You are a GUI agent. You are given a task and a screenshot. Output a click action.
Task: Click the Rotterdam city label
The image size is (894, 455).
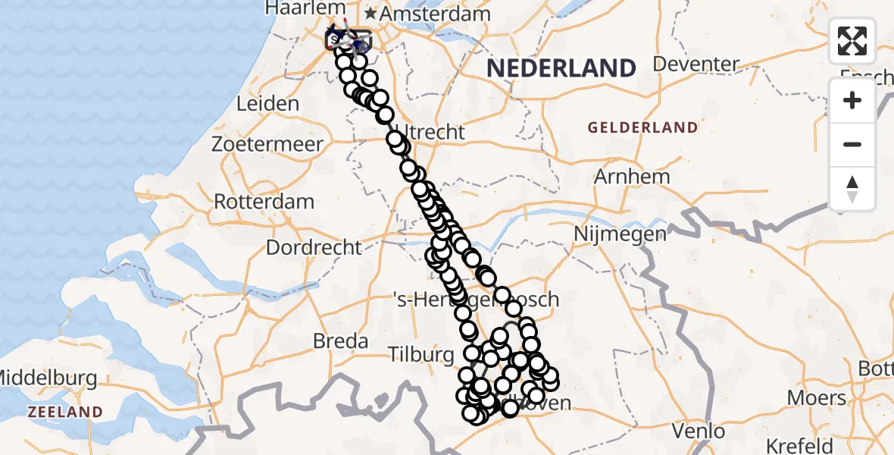(x=264, y=202)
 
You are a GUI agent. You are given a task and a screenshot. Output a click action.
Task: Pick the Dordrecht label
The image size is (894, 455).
(x=314, y=247)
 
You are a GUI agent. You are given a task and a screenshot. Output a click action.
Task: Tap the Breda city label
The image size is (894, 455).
(x=341, y=340)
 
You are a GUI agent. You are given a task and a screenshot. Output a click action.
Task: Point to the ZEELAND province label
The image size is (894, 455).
(x=64, y=412)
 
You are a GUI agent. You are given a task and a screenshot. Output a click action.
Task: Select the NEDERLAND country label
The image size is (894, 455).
(x=561, y=68)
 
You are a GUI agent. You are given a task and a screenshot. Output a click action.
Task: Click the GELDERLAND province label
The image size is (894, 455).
(x=642, y=127)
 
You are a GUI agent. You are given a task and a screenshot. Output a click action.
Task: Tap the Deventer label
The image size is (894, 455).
(x=696, y=64)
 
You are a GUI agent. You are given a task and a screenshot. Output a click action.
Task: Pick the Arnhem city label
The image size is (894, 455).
(x=631, y=177)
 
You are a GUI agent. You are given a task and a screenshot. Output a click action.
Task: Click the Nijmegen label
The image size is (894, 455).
(x=620, y=234)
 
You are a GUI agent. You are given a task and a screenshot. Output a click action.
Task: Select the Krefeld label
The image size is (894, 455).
(x=801, y=445)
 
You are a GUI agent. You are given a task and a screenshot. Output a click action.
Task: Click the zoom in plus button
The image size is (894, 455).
(x=852, y=100)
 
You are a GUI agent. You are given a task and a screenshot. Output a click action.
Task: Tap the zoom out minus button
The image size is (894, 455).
(x=852, y=144)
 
